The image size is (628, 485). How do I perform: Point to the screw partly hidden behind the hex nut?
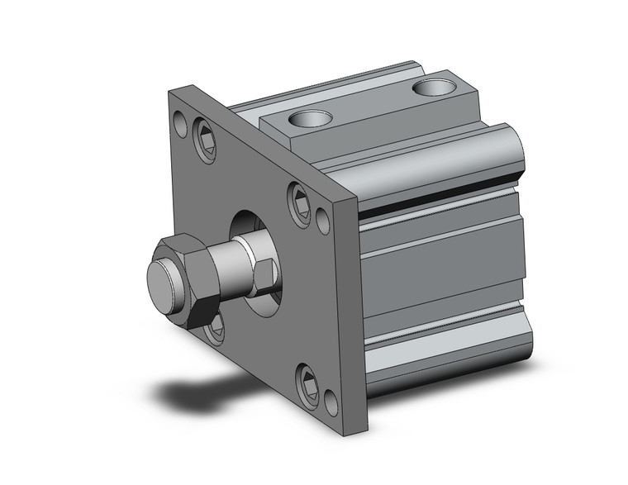(x=215, y=330)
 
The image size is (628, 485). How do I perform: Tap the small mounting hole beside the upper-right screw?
(x=323, y=220)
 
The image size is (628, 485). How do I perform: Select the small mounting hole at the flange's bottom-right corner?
(x=331, y=402)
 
